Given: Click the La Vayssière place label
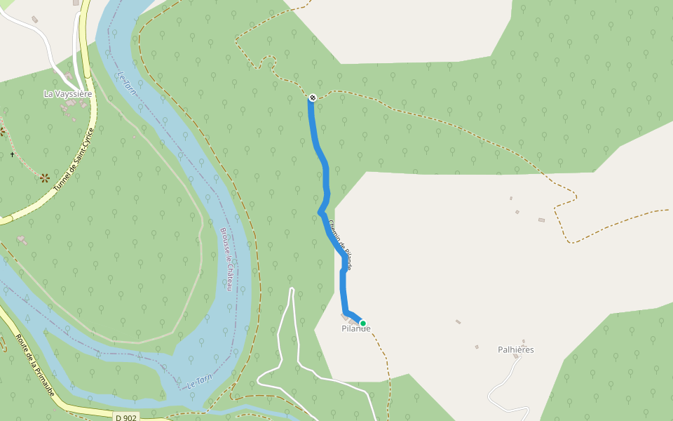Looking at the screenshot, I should [68, 93].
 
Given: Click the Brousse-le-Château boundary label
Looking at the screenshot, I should [226, 260].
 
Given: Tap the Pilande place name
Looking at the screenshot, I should [355, 328].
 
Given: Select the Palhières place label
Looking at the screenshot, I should [515, 349].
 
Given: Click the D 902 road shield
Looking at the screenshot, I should [127, 417].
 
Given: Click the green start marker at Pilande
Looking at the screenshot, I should [362, 323].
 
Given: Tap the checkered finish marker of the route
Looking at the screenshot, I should [312, 98].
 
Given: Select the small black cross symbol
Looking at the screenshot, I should [12, 154].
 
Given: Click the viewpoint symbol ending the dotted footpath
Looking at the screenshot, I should [46, 178].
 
